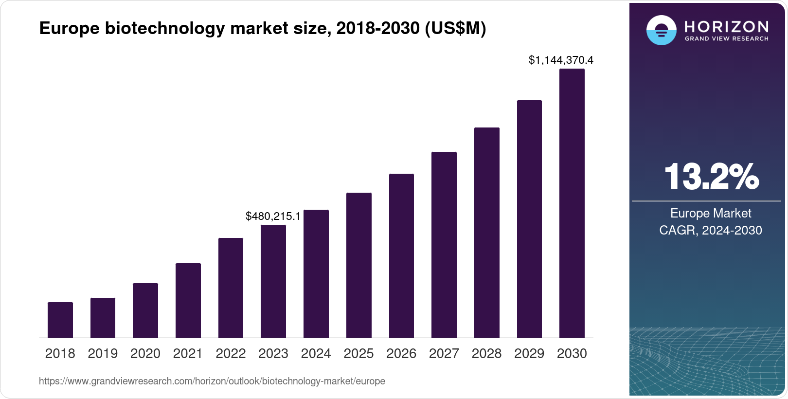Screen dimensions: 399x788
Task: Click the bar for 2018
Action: [x=60, y=320]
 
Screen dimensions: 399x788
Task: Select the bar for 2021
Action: [x=188, y=301]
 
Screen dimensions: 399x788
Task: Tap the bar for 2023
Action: [x=273, y=281]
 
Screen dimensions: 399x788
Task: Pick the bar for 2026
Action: [x=401, y=256]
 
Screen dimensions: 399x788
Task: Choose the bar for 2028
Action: [x=486, y=233]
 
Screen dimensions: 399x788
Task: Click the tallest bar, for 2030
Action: [x=572, y=203]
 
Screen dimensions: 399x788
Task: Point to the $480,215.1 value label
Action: [x=273, y=216]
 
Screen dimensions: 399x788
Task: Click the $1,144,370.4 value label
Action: [x=561, y=60]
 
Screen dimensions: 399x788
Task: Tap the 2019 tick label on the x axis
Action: [x=103, y=354]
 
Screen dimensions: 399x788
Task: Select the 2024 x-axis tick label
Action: [x=316, y=354]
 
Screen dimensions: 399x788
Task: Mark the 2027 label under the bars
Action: [x=444, y=354]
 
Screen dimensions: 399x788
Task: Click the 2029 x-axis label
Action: [x=529, y=354]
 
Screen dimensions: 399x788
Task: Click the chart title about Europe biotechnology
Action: [x=263, y=29]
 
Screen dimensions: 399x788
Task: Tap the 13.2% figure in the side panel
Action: [x=711, y=177]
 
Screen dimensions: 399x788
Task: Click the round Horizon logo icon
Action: [x=661, y=31]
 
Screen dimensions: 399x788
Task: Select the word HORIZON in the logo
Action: [x=727, y=26]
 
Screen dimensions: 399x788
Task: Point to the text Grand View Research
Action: [x=727, y=38]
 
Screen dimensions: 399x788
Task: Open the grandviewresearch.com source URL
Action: [x=212, y=381]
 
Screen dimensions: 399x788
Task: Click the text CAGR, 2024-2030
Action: [x=711, y=230]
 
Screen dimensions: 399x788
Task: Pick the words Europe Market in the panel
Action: [x=711, y=213]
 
